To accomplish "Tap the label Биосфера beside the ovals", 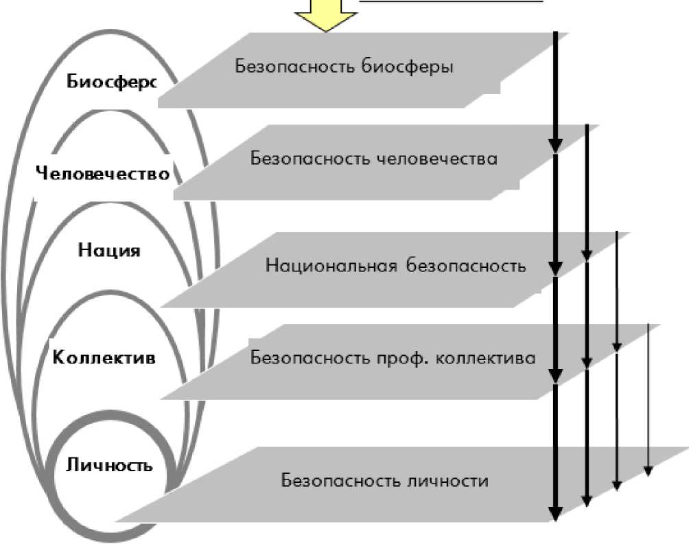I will tap(112, 82).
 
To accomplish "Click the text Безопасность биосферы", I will tap(344, 67).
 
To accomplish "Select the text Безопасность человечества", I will tap(373, 159).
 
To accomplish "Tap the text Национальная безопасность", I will tap(395, 266).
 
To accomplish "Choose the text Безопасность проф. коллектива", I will tap(393, 358).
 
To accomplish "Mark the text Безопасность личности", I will tap(384, 480).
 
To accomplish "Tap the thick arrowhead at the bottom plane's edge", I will tap(556, 513).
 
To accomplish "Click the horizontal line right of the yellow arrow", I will tap(453, 1).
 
